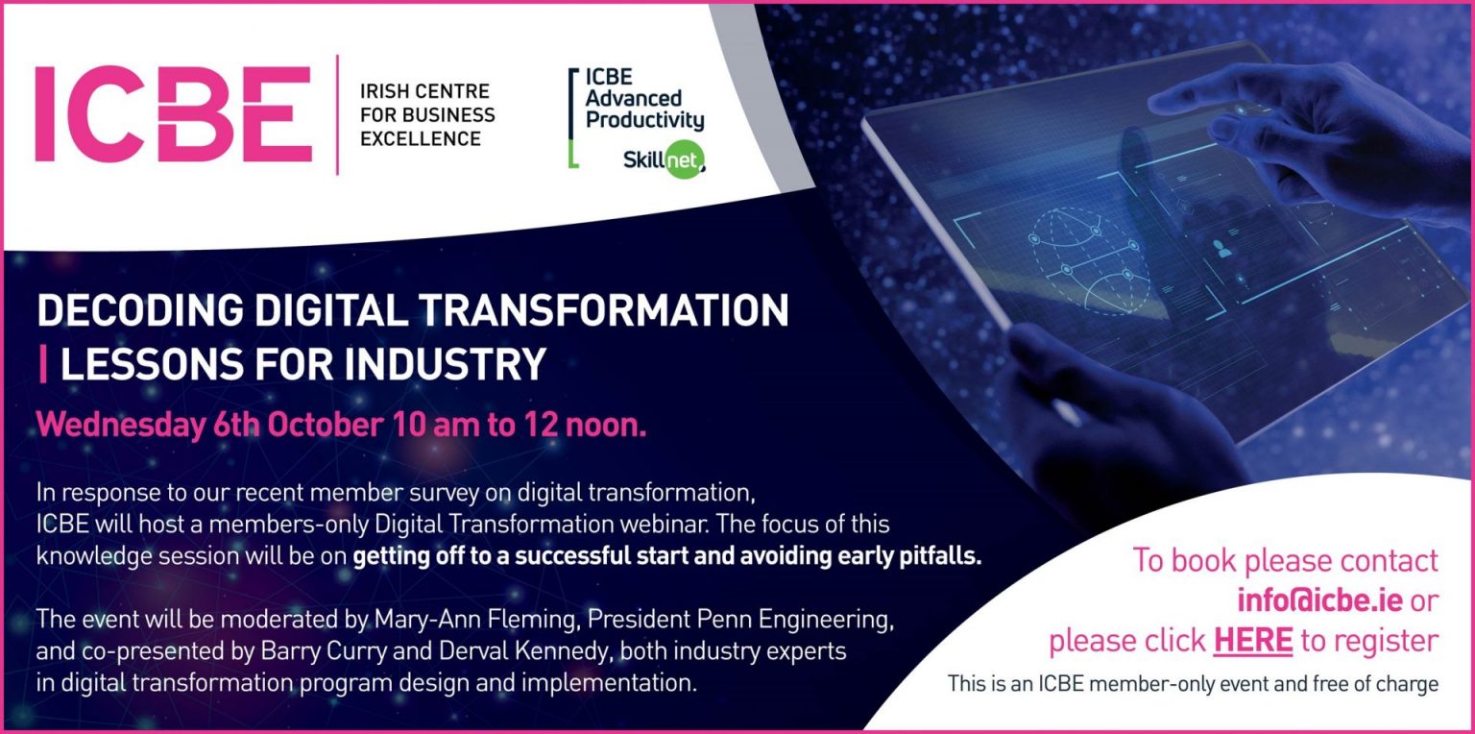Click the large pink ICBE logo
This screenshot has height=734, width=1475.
173,113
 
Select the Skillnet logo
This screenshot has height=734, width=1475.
664,159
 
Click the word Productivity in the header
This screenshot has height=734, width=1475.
644,121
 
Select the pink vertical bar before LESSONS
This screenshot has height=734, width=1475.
42,364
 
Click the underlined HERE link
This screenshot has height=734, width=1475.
1252,640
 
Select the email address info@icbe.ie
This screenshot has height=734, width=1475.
1320,600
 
